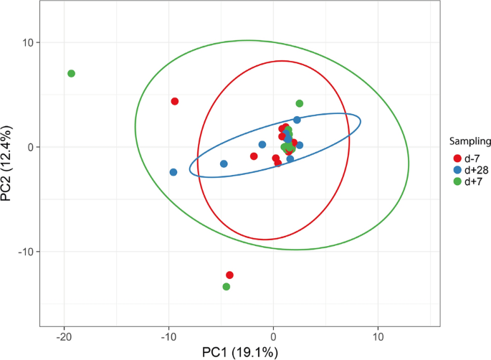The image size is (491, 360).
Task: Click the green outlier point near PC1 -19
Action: click(x=71, y=74)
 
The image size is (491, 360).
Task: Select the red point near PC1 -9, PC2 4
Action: click(x=174, y=102)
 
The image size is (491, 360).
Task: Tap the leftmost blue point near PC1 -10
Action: click(x=173, y=172)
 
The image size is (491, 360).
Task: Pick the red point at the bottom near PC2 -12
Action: click(x=229, y=275)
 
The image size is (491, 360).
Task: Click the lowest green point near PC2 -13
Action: click(x=227, y=287)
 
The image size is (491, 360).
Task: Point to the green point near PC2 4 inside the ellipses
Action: click(x=300, y=104)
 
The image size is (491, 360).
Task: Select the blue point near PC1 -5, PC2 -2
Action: click(x=224, y=164)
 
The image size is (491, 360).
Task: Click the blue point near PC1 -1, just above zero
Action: click(x=262, y=145)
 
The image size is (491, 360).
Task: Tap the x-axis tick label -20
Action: click(x=65, y=336)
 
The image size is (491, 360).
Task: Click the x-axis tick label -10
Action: click(x=168, y=336)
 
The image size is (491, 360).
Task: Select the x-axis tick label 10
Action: click(x=378, y=336)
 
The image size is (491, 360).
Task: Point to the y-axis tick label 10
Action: click(x=26, y=42)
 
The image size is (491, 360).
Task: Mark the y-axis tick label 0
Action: click(x=29, y=147)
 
